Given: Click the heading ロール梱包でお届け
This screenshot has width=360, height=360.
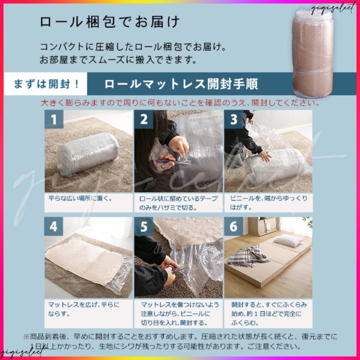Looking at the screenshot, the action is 109,22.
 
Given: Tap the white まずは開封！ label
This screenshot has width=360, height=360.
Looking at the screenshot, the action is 46,84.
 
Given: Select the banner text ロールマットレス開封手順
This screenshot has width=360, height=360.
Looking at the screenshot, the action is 181,84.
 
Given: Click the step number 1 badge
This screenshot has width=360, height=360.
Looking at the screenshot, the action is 54,119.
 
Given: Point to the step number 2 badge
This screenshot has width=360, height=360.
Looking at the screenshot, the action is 144,119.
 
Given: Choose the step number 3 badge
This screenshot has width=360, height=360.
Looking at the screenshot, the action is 234,119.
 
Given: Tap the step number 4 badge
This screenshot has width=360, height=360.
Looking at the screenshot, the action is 54,226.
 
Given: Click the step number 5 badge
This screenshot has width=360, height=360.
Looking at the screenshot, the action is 144,226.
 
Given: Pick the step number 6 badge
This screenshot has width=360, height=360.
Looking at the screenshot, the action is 234,226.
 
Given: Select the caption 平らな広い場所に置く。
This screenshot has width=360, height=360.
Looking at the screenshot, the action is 80,198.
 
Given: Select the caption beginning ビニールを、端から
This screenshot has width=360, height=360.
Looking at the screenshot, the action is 269,203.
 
